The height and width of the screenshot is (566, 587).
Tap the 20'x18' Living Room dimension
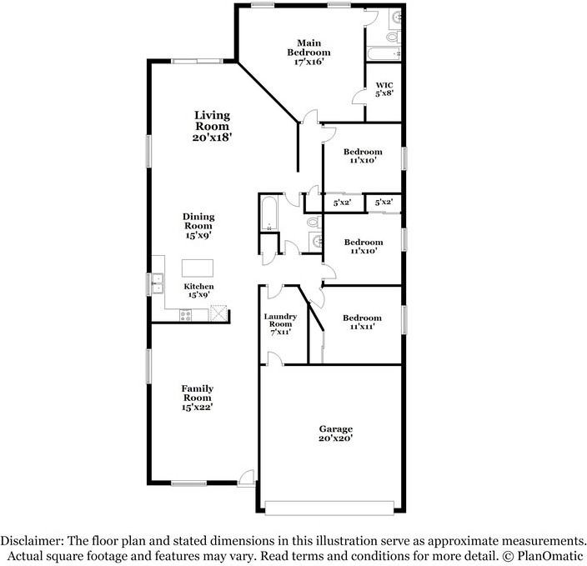click(212, 137)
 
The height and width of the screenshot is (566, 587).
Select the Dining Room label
click(198, 221)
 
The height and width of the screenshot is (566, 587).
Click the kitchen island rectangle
click(198, 268)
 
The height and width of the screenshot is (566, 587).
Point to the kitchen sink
click(156, 283)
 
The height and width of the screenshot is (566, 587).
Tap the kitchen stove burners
click(186, 314)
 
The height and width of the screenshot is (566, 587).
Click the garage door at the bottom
click(329, 506)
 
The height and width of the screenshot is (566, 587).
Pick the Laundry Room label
click(280, 320)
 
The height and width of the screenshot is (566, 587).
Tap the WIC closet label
click(384, 85)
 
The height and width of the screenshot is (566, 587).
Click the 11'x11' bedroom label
click(362, 328)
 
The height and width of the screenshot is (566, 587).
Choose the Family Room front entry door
click(246, 478)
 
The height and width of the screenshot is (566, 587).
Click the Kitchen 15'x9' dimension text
click(198, 294)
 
